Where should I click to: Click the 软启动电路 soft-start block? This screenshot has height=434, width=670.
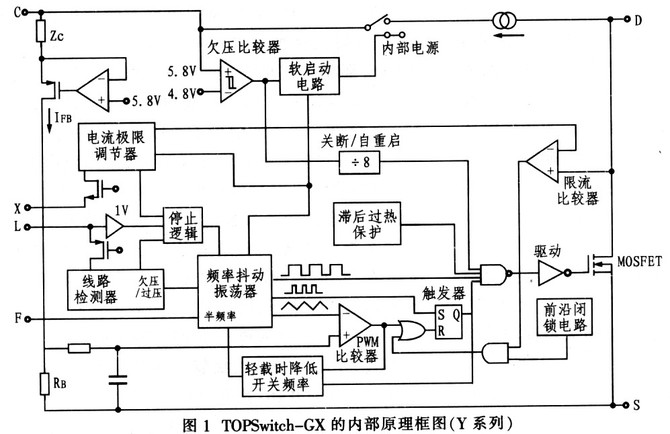coord(309,76)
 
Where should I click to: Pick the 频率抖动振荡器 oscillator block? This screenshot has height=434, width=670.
coord(234,290)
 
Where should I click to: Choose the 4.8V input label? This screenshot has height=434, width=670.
coord(182,93)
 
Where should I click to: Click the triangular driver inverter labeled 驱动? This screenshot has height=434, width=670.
coord(552,274)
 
